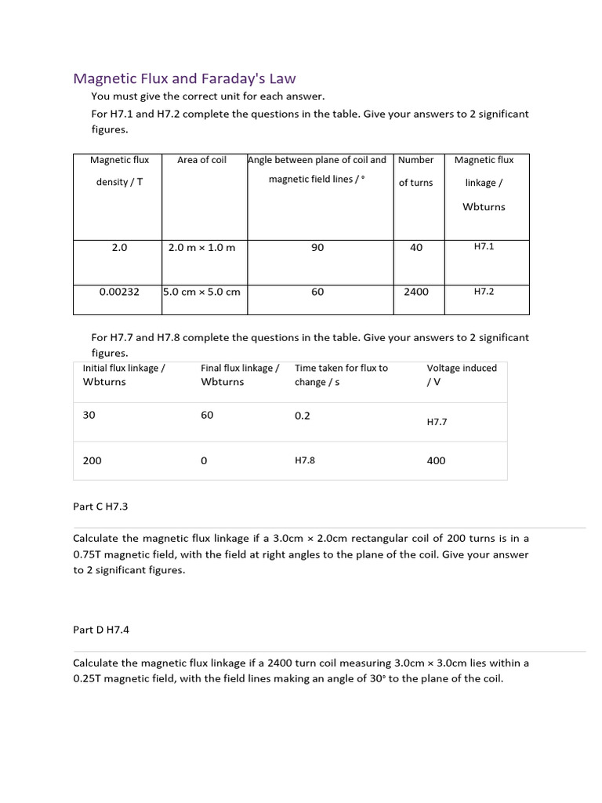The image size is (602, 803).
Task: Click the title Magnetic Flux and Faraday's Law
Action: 184,78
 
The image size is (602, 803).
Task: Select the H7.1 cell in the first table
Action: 484,246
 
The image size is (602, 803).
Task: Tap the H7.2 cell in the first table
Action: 484,291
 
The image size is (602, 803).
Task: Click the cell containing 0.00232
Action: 119,292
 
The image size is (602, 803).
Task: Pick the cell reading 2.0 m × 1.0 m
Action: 201,247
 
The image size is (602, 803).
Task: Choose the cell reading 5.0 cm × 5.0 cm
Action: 201,292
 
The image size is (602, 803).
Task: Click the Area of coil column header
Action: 201,160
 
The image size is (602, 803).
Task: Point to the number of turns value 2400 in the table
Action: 416,292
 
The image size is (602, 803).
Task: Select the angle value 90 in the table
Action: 317,247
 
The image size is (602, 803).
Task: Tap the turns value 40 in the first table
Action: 416,247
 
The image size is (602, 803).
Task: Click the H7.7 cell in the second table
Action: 437,422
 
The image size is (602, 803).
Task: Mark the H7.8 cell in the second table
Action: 304,461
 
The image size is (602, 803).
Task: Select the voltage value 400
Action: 436,461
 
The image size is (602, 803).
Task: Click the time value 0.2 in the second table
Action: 303,416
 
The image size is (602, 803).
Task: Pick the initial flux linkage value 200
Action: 92,461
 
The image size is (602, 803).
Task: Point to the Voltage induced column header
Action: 461,375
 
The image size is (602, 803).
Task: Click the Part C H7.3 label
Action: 100,507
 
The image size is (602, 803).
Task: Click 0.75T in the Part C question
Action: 89,554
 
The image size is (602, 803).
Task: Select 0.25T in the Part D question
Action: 89,679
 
